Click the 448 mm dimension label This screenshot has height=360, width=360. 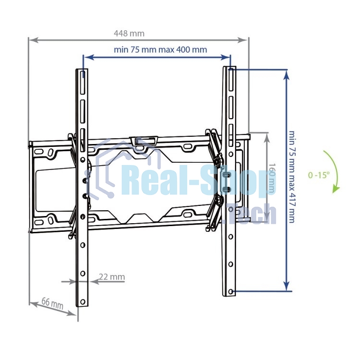tap(129, 34)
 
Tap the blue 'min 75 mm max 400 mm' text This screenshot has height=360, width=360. tap(160, 49)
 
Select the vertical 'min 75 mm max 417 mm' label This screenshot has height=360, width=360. tap(291, 177)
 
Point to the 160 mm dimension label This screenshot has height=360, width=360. tap(272, 178)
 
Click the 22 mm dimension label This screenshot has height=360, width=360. tap(112, 276)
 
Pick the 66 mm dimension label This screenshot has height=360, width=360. tap(52, 303)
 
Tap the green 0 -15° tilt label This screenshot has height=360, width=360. tap(319, 175)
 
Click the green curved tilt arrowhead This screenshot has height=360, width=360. tap(336, 189)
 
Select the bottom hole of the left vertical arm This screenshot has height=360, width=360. tap(83, 301)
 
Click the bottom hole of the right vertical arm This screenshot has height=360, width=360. tap(231, 291)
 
